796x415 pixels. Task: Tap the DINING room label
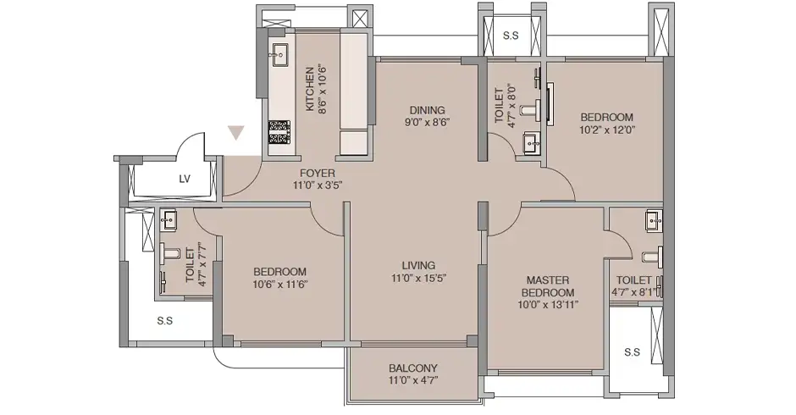427,110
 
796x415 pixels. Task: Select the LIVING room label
418,265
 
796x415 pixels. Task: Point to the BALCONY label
412,368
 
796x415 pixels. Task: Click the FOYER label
318,173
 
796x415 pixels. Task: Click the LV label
185,179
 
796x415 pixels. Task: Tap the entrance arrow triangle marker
236,133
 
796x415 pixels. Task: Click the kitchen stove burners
279,132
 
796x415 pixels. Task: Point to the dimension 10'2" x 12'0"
607,130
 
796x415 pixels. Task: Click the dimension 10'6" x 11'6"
280,284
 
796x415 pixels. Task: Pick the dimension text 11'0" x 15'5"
418,278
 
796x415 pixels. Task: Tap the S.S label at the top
511,36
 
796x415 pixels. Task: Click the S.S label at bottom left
164,320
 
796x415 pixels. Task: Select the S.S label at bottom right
632,352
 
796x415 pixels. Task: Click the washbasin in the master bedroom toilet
654,221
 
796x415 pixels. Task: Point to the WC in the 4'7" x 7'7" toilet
169,252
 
